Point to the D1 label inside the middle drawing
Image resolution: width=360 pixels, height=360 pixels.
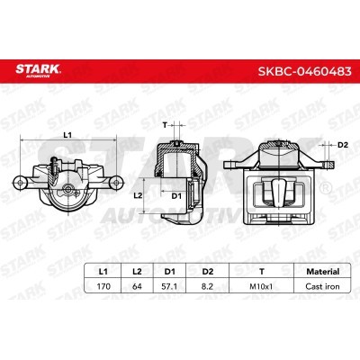[176, 195]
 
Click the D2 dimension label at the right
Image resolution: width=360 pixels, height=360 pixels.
[343, 145]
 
